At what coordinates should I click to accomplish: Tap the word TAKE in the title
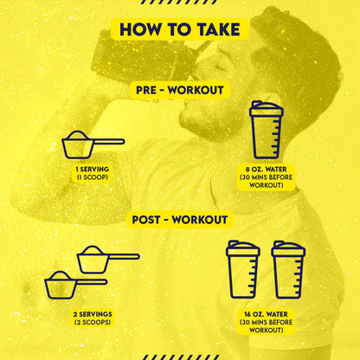[x=219, y=29]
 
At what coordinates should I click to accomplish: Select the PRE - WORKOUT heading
[x=180, y=90]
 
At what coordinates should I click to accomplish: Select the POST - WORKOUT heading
[x=180, y=220]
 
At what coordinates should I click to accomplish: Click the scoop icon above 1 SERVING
[x=93, y=145]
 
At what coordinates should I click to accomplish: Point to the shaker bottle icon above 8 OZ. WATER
[x=267, y=130]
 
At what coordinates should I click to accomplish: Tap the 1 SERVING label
[x=93, y=169]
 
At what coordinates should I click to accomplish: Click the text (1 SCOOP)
[x=93, y=177]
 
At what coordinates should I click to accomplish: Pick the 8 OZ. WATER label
[x=267, y=169]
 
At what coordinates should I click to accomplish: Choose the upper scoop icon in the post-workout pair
[x=108, y=260]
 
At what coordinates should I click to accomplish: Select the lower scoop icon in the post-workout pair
[x=75, y=285]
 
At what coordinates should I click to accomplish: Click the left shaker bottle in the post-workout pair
[x=243, y=269]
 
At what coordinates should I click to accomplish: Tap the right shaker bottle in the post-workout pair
[x=288, y=269]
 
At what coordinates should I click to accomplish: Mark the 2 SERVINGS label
[x=93, y=314]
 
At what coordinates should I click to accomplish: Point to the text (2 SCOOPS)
[x=93, y=322]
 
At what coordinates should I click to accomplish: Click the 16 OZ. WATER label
[x=266, y=314]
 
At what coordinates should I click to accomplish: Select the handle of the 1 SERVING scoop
[x=109, y=141]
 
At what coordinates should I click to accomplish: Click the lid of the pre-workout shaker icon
[x=267, y=108]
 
